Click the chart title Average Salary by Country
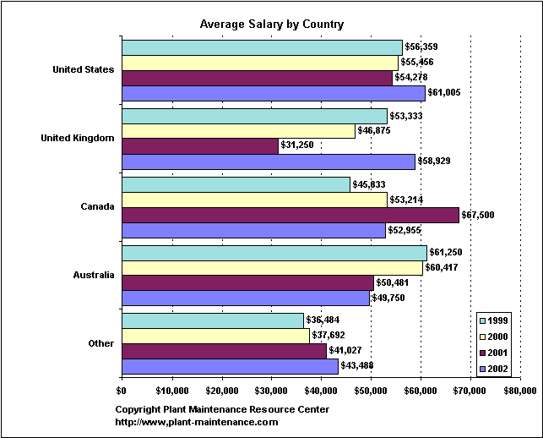[271, 24]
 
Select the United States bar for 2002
[274, 93]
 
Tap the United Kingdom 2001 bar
[200, 146]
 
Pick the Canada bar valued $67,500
[291, 215]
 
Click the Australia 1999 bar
[274, 253]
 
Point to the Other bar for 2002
[230, 365]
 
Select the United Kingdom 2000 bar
[238, 131]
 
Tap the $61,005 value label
[445, 93]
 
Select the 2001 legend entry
[496, 353]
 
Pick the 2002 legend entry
[496, 369]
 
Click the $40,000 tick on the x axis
[321, 390]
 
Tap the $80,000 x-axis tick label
[519, 390]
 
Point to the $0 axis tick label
[122, 390]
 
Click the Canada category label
[97, 207]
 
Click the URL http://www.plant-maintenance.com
[197, 422]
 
